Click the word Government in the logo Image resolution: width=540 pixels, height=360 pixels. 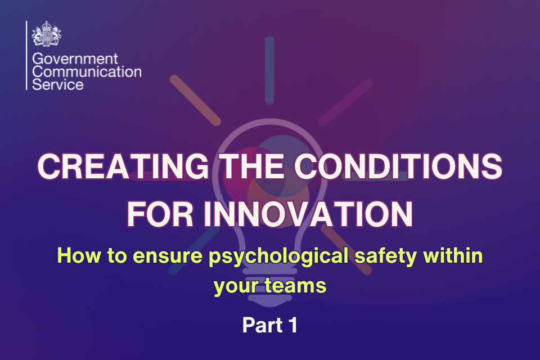75,60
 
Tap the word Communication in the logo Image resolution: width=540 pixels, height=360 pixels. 87,73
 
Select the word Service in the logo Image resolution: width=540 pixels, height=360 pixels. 58,85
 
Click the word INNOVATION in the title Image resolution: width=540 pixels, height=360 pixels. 308,214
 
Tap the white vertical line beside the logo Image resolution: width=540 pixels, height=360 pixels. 26,55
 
